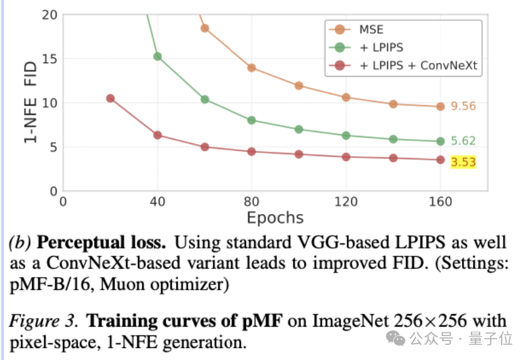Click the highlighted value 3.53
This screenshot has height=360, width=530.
(463, 162)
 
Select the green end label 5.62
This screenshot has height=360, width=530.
(463, 141)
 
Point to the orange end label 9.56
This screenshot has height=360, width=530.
(463, 106)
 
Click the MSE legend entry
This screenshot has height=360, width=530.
(371, 30)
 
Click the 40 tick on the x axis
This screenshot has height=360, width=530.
(157, 201)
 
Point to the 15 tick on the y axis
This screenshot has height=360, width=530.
(49, 59)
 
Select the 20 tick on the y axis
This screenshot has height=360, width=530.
(49, 14)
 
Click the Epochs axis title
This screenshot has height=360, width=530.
(275, 218)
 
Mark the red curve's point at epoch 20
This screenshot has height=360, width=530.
(110, 98)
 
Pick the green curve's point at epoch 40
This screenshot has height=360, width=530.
(157, 57)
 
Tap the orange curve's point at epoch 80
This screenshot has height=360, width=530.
(252, 68)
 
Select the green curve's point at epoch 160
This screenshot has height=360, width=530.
(440, 142)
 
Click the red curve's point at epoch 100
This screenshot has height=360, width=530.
(299, 154)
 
